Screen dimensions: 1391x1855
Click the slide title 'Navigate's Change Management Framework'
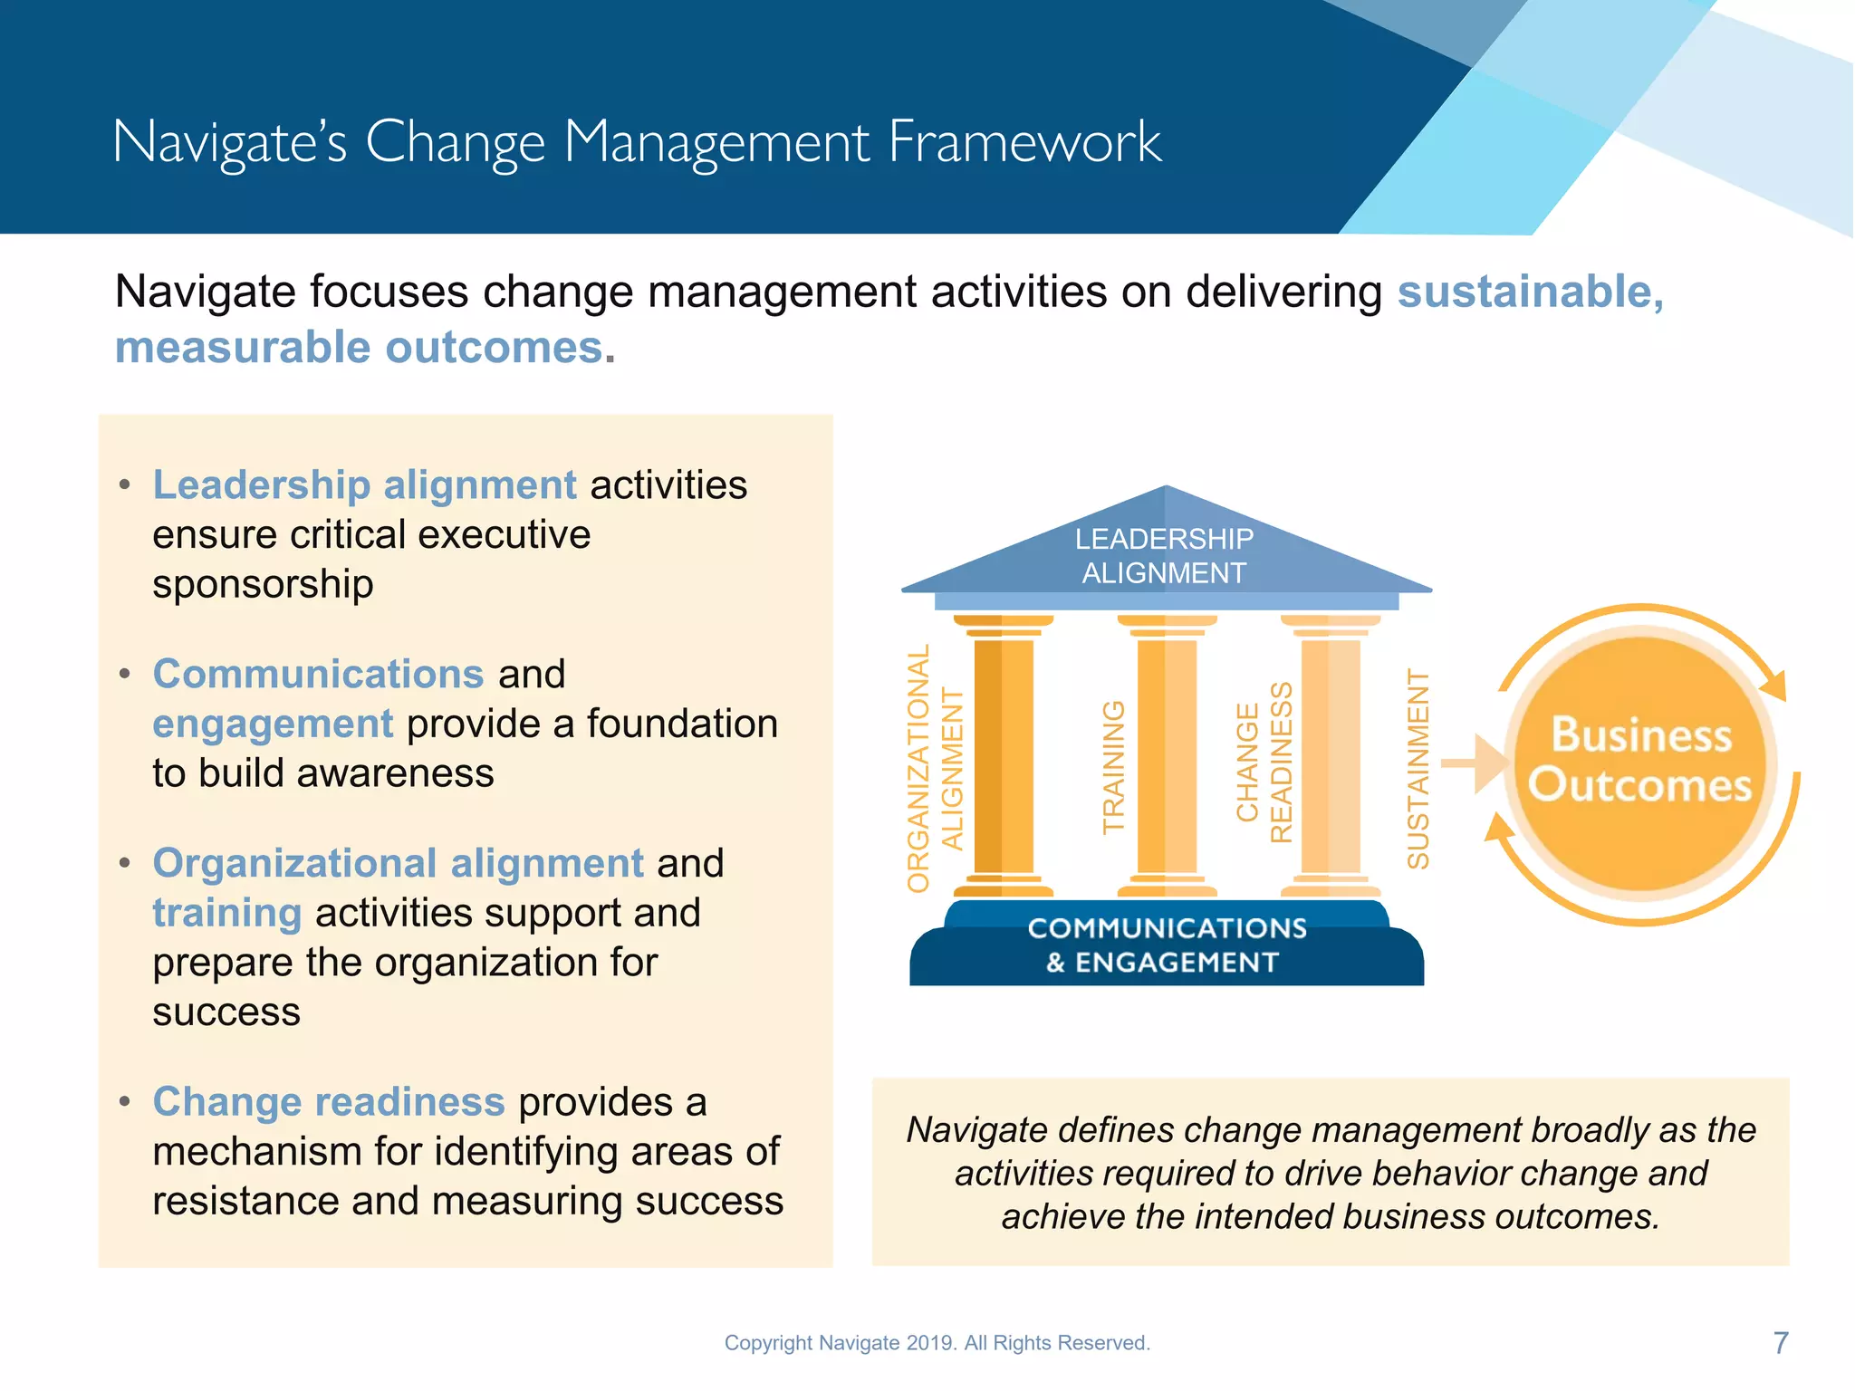pyautogui.click(x=637, y=142)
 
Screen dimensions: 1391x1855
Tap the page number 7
pyautogui.click(x=1780, y=1343)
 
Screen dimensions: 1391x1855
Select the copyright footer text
pyautogui.click(x=937, y=1343)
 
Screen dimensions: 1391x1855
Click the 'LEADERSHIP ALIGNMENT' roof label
pyautogui.click(x=1164, y=556)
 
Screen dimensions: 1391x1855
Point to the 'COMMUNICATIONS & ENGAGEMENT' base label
pyautogui.click(x=1166, y=945)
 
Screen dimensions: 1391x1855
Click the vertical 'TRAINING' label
pyautogui.click(x=1113, y=767)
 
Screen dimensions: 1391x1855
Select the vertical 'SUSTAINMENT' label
pyautogui.click(x=1418, y=769)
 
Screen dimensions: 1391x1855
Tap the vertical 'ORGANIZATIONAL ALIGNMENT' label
pyautogui.click(x=935, y=769)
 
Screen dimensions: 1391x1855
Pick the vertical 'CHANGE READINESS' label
pyautogui.click(x=1264, y=763)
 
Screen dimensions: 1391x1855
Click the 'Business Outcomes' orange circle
pyautogui.click(x=1640, y=761)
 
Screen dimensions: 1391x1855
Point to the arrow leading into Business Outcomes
pyautogui.click(x=1473, y=763)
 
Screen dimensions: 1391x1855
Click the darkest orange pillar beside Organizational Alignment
pyautogui.click(x=1003, y=756)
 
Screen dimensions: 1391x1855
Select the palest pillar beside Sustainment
pyautogui.click(x=1330, y=756)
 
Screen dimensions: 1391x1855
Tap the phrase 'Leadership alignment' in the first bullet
pyautogui.click(x=364, y=485)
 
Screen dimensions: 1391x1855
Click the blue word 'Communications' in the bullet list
pyautogui.click(x=318, y=675)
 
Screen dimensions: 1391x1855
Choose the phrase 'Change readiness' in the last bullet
pyautogui.click(x=328, y=1102)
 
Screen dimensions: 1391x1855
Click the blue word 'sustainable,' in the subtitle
pyautogui.click(x=1530, y=293)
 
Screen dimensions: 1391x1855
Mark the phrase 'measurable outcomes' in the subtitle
pyautogui.click(x=360, y=348)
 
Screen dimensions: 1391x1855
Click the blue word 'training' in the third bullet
pyautogui.click(x=226, y=913)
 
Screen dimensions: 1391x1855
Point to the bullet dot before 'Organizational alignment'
pyautogui.click(x=125, y=863)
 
